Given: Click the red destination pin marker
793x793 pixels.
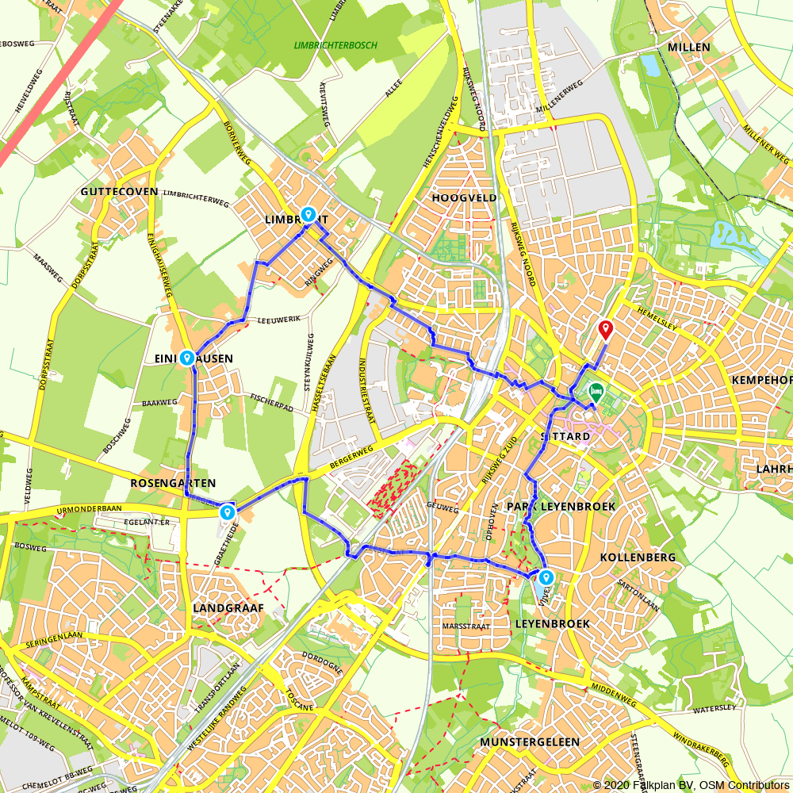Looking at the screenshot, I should (606, 329).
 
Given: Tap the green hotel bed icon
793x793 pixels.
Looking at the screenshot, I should (595, 391).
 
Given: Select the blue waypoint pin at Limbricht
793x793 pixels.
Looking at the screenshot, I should (308, 214).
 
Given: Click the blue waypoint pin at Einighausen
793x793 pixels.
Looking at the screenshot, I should (186, 358).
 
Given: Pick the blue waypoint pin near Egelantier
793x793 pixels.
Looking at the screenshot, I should (228, 512).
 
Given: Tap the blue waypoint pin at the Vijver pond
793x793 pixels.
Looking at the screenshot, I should (546, 578).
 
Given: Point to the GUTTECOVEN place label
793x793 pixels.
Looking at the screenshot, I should (119, 193).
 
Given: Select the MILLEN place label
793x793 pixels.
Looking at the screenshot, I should (689, 48).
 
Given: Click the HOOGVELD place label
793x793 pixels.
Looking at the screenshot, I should (465, 197).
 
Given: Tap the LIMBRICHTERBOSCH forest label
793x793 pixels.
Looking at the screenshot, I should (335, 45).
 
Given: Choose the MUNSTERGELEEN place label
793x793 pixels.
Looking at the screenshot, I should (530, 741).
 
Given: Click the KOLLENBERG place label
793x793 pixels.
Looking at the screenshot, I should (638, 557).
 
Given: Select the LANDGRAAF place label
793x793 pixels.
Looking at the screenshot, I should (228, 608).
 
